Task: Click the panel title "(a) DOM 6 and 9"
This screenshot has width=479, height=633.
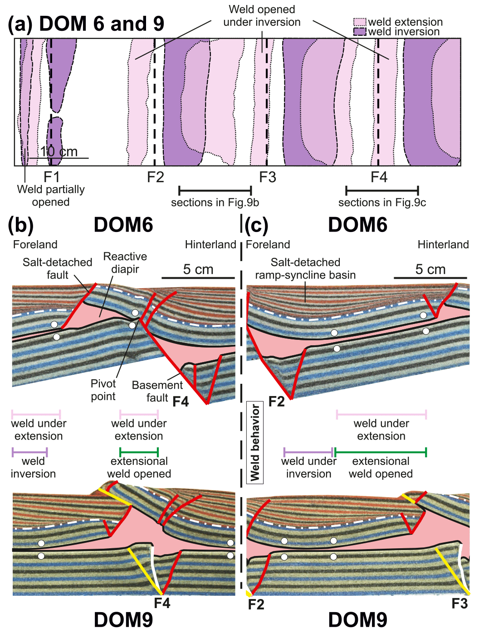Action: point(86,24)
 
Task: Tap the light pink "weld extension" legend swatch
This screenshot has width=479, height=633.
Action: point(359,22)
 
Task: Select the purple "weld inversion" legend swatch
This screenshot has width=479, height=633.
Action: point(359,32)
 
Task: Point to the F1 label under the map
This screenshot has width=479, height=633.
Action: point(51,177)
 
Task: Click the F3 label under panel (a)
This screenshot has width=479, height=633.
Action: point(268,177)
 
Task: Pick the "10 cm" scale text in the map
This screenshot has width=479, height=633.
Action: point(59,152)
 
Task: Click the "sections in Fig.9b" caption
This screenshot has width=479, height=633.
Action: point(215,203)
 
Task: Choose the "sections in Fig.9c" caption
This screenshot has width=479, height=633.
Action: point(382,203)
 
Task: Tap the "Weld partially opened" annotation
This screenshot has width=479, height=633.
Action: point(51,196)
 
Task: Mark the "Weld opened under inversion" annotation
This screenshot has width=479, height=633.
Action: point(262,16)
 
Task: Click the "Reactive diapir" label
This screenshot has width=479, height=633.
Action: point(125,263)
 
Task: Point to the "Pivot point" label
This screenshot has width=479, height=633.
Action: point(103,390)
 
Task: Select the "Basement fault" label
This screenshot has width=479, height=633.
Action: point(157,391)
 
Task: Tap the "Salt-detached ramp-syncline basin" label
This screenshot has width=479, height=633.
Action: point(305,269)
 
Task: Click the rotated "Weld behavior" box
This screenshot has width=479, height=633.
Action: point(255,442)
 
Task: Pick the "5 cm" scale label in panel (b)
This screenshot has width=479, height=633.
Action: point(198,270)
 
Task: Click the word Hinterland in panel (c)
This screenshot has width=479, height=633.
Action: point(443,245)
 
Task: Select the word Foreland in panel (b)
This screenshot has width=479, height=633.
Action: point(35,245)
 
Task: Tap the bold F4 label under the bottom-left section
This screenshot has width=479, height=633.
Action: point(162,603)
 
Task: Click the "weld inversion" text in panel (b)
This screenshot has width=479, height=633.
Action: point(33,468)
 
